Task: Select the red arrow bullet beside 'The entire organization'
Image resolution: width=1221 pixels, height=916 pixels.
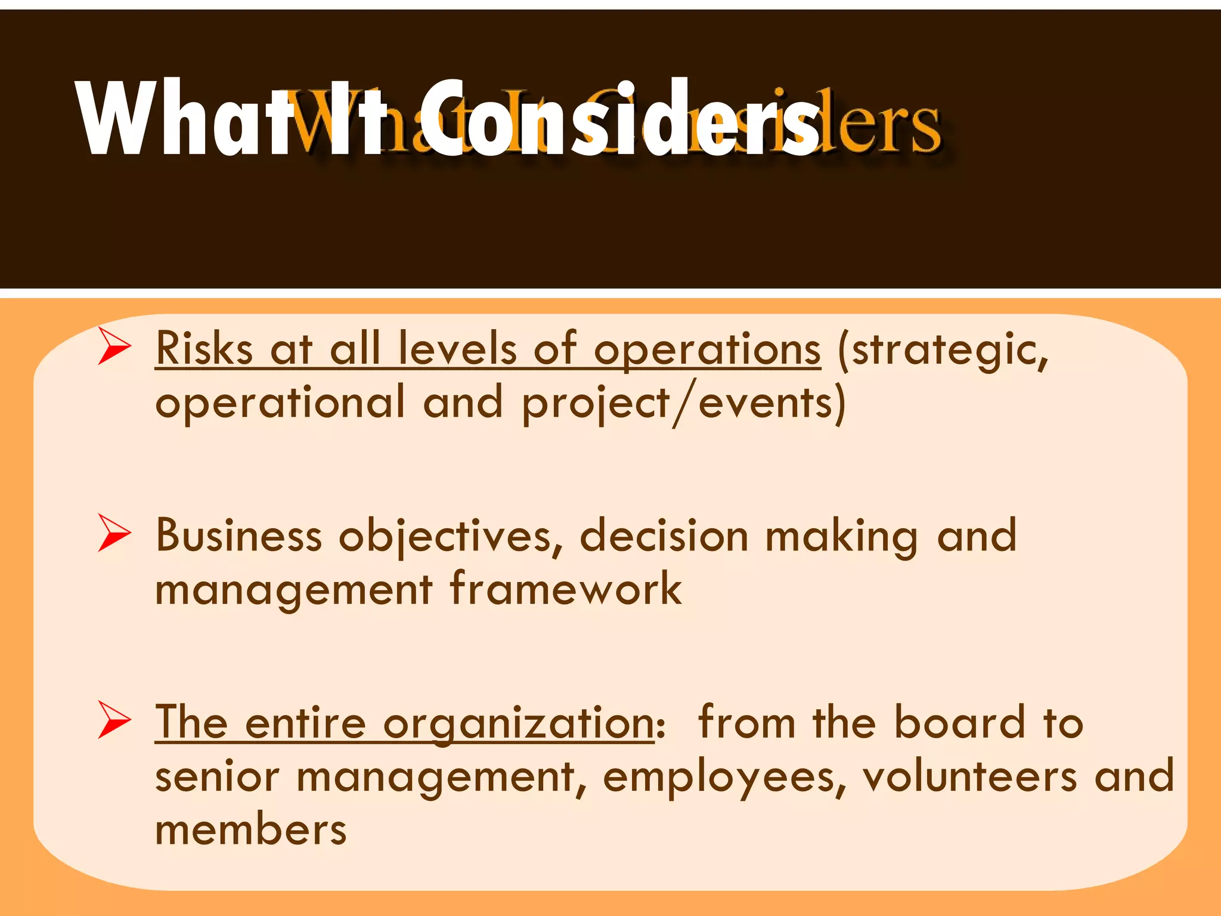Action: [114, 720]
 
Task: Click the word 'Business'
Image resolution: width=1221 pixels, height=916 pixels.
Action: [238, 536]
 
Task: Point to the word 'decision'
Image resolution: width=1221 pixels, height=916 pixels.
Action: [664, 536]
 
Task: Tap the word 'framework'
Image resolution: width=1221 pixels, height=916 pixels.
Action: [565, 589]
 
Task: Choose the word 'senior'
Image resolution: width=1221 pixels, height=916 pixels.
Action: [217, 776]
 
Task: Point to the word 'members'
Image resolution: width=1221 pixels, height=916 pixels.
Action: [250, 830]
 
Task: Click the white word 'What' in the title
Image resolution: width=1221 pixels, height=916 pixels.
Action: [173, 119]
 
